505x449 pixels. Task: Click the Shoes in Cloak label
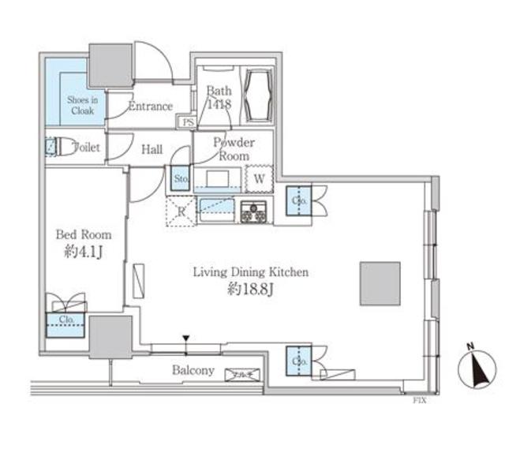80,106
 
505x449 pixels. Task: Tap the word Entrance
150,106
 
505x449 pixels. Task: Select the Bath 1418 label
219,97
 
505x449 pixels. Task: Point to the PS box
189,122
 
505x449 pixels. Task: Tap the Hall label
152,148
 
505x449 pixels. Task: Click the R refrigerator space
180,210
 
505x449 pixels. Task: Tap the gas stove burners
254,211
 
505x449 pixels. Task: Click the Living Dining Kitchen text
251,272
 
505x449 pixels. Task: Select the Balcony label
193,370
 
